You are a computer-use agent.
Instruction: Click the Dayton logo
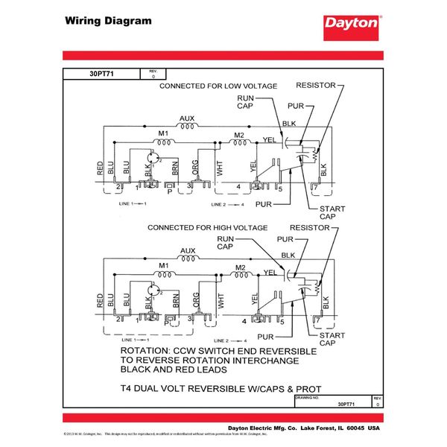click(x=352, y=24)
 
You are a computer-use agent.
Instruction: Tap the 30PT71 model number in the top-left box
click(x=100, y=74)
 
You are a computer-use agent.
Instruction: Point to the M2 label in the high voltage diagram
click(x=239, y=267)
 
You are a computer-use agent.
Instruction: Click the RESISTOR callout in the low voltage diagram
click(x=320, y=86)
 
